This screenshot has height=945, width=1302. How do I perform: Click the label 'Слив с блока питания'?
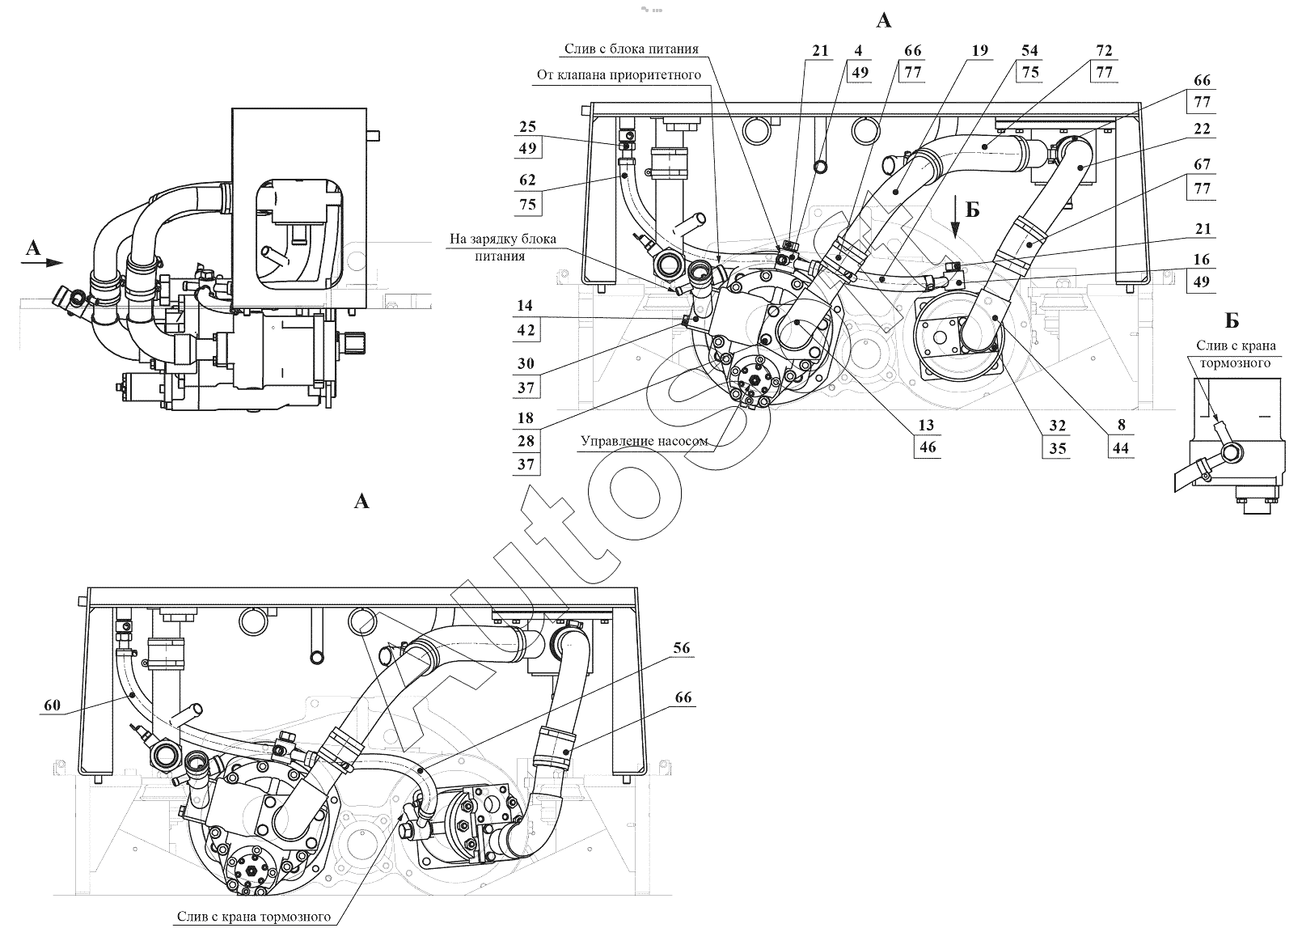tap(632, 49)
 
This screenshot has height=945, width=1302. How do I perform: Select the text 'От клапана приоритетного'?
tap(619, 74)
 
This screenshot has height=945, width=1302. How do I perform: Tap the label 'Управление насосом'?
tap(644, 441)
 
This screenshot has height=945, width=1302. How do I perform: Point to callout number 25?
tap(527, 127)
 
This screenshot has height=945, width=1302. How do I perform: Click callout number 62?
tap(527, 180)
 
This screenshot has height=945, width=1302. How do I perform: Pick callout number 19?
tap(980, 51)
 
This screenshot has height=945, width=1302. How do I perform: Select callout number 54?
tap(1030, 51)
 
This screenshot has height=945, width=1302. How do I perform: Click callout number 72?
tap(1104, 51)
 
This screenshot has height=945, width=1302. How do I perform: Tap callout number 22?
tap(1202, 129)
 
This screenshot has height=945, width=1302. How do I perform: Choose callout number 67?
tap(1202, 164)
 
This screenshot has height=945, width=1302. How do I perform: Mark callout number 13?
tap(926, 425)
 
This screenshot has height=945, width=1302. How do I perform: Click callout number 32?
tap(1057, 426)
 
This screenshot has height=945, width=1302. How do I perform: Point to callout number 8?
tap(1121, 425)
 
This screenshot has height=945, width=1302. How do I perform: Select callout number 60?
tap(52, 706)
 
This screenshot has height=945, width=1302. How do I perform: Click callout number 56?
tap(682, 648)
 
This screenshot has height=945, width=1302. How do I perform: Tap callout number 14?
tap(525, 306)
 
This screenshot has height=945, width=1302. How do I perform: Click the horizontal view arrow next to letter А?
tap(42, 263)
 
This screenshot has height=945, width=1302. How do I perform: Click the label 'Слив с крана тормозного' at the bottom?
tap(253, 917)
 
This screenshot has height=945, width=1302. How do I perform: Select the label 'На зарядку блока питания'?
tap(502, 247)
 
